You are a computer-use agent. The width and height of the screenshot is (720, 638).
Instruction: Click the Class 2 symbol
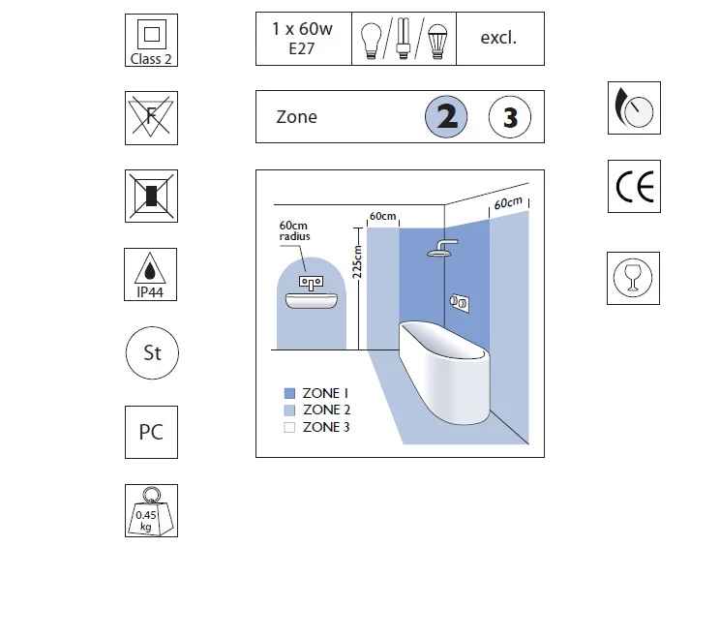[151, 40]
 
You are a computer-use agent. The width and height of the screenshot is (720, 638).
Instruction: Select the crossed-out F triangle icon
[151, 118]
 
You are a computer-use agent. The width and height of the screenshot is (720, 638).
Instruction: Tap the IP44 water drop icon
[150, 275]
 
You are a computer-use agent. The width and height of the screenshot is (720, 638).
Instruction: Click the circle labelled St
[152, 352]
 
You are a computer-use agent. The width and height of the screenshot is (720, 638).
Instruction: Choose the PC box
[151, 432]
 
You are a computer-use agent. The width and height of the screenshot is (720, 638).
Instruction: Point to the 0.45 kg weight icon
[151, 510]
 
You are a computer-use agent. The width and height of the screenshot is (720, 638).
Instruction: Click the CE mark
[634, 187]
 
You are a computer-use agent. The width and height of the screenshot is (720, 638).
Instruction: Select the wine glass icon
[633, 279]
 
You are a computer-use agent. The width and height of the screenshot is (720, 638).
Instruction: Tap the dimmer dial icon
[634, 107]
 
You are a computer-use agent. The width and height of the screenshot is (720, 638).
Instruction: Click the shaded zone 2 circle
[446, 117]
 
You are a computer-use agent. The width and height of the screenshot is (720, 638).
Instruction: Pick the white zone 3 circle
[510, 117]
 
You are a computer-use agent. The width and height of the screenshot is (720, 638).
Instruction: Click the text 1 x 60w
[302, 29]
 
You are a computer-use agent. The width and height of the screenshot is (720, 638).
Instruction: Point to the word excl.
[498, 38]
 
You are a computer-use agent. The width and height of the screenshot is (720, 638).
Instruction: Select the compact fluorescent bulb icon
[404, 38]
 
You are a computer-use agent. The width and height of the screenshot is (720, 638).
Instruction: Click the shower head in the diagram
[442, 248]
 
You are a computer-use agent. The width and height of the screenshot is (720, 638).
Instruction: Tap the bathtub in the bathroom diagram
[443, 372]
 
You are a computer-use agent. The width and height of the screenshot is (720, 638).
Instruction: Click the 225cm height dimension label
[357, 261]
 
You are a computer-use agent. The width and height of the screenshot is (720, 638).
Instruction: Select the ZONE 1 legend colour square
[289, 393]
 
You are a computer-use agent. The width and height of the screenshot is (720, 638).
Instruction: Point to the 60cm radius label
[294, 231]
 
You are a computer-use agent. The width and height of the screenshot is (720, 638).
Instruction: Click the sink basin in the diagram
[312, 301]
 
